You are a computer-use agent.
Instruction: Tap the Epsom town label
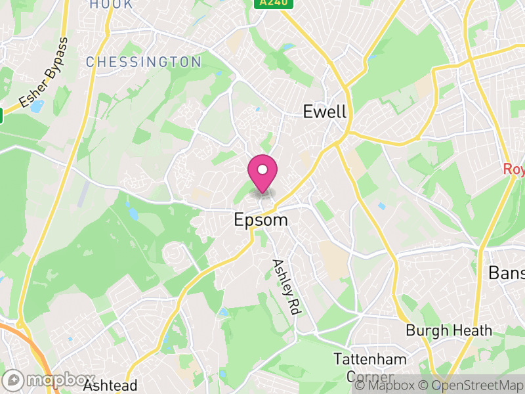[261, 220]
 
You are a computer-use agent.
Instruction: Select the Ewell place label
[324, 112]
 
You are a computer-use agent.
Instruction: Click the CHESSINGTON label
[144, 62]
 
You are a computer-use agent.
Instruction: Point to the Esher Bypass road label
[43, 73]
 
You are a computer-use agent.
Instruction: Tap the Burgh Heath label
[448, 330]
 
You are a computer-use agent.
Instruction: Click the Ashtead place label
[110, 385]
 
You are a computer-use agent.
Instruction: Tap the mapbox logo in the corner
[49, 380]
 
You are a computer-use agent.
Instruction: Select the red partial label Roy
[514, 169]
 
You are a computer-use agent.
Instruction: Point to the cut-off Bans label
[506, 273]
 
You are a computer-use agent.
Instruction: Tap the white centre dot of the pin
[262, 170]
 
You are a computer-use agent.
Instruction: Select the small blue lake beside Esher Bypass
[37, 105]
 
